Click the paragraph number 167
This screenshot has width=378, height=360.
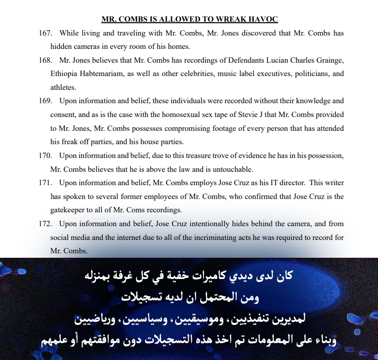pos(46,34)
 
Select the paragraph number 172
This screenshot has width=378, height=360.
pos(46,224)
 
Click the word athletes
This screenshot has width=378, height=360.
pos(63,87)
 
